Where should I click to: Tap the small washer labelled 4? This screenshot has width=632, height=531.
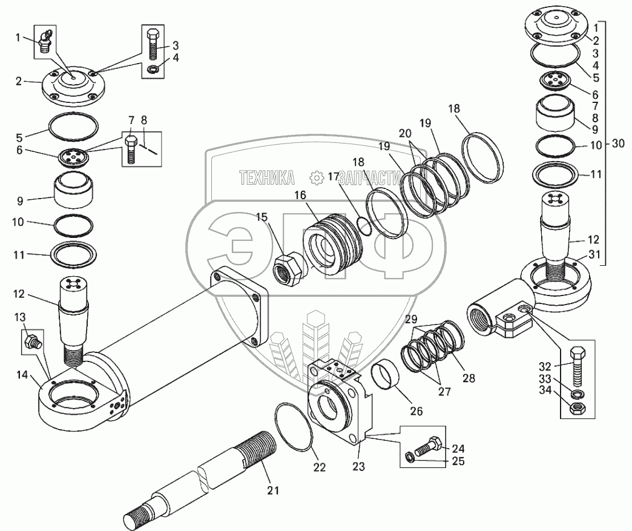(153, 68)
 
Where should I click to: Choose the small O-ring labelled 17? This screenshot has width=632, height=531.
(364, 225)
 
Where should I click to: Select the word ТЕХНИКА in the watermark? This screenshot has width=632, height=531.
(267, 177)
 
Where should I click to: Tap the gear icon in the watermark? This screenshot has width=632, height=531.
(315, 177)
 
